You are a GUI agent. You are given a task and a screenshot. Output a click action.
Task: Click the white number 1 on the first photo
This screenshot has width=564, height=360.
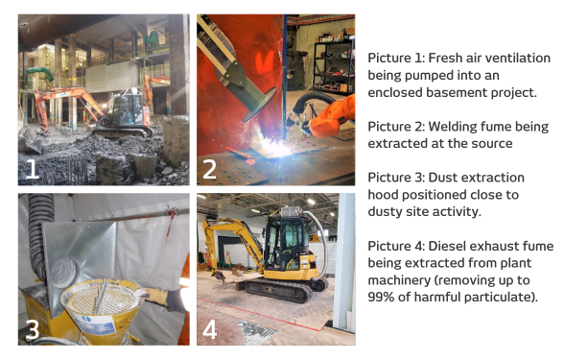(33, 169)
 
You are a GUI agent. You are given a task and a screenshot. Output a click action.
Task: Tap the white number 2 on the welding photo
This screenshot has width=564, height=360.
(209, 169)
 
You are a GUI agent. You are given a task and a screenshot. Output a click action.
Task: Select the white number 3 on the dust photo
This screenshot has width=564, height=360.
(33, 330)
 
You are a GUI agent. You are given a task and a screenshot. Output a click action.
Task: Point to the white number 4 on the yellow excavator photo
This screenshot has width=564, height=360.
(210, 329)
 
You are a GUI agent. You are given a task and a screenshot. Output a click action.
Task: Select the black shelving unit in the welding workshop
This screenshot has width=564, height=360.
(334, 66)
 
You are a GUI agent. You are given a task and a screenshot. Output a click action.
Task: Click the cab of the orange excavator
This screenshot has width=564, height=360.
(127, 107)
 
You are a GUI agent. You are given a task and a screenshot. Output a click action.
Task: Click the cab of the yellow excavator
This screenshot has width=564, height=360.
(286, 239)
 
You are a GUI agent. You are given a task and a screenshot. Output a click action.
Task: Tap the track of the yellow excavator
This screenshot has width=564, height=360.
(279, 291)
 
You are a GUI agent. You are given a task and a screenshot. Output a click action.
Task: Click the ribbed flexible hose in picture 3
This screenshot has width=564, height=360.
(38, 234)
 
